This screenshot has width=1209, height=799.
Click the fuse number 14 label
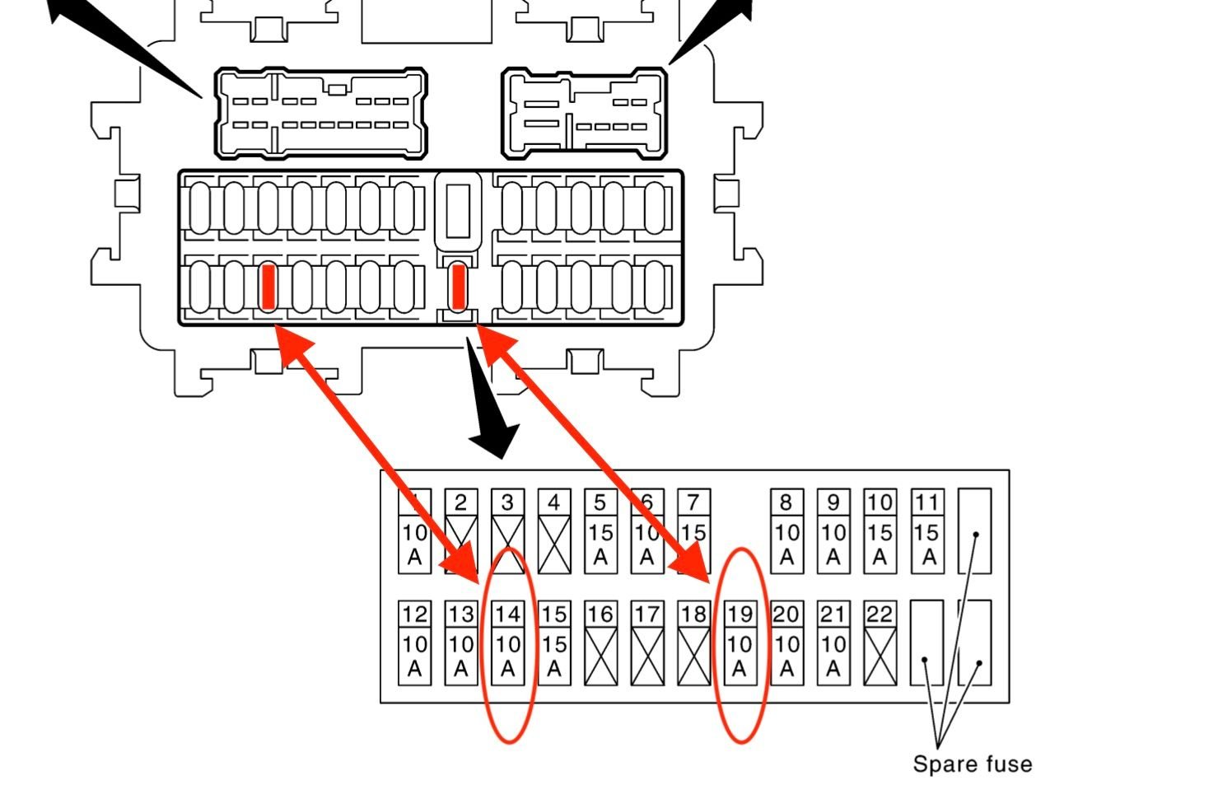[507, 614]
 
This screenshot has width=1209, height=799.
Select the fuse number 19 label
[740, 614]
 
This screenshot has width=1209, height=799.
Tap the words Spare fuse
[972, 764]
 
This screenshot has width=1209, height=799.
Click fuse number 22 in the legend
[880, 614]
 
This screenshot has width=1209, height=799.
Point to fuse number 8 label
[787, 502]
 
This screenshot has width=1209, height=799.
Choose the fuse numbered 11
[927, 502]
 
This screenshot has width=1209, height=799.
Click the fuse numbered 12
[414, 614]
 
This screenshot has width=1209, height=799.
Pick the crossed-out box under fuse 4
[554, 544]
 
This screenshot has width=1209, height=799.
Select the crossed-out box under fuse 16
[600, 656]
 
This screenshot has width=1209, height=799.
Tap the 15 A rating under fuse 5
[600, 544]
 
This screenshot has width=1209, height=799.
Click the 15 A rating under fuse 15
[554, 656]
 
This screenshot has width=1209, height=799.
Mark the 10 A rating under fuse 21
[833, 656]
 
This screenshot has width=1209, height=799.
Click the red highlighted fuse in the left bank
[268, 287]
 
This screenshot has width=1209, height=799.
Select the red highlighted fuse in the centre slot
[459, 287]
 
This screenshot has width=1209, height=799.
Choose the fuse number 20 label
[787, 614]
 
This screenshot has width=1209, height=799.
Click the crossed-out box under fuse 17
[647, 656]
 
